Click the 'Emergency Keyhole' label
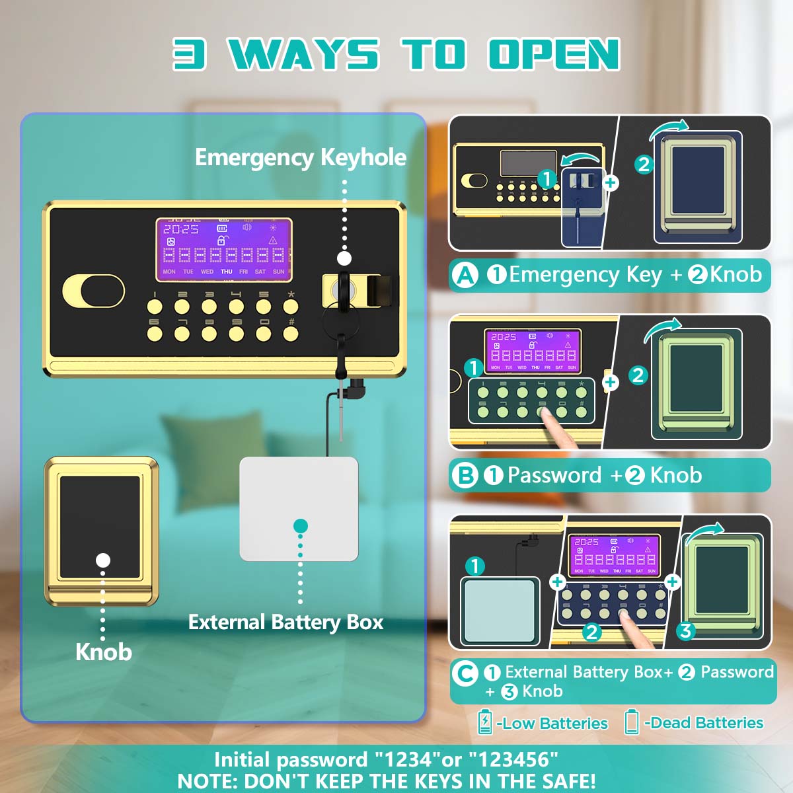pos(301,158)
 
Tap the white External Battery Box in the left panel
pos(299,509)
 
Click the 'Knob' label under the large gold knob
pos(104,652)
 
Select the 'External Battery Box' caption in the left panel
pos(285,623)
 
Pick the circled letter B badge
pos(466,475)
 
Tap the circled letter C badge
pos(465,673)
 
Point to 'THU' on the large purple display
pos(226,272)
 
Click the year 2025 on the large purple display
pos(181,229)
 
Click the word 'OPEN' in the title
pos(554,54)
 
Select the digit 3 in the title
pos(190,54)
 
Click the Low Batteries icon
pos(485,722)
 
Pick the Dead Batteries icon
pos(632,722)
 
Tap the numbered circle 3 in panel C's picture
pos(685,631)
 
